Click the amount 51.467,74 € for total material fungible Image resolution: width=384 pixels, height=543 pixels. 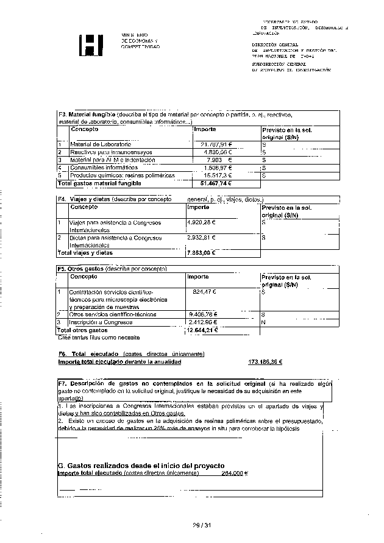point(216,183)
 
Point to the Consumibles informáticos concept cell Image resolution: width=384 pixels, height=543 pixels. point(103,167)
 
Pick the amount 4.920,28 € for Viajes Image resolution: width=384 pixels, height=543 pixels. point(202,222)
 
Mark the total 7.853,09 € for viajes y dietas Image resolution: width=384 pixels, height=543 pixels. point(202,253)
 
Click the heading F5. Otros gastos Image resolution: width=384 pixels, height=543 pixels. point(80,269)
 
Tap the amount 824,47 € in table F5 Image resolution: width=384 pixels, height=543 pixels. point(204,292)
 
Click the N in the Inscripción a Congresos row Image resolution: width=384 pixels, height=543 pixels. point(263,322)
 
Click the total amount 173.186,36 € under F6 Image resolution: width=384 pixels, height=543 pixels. point(265,362)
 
